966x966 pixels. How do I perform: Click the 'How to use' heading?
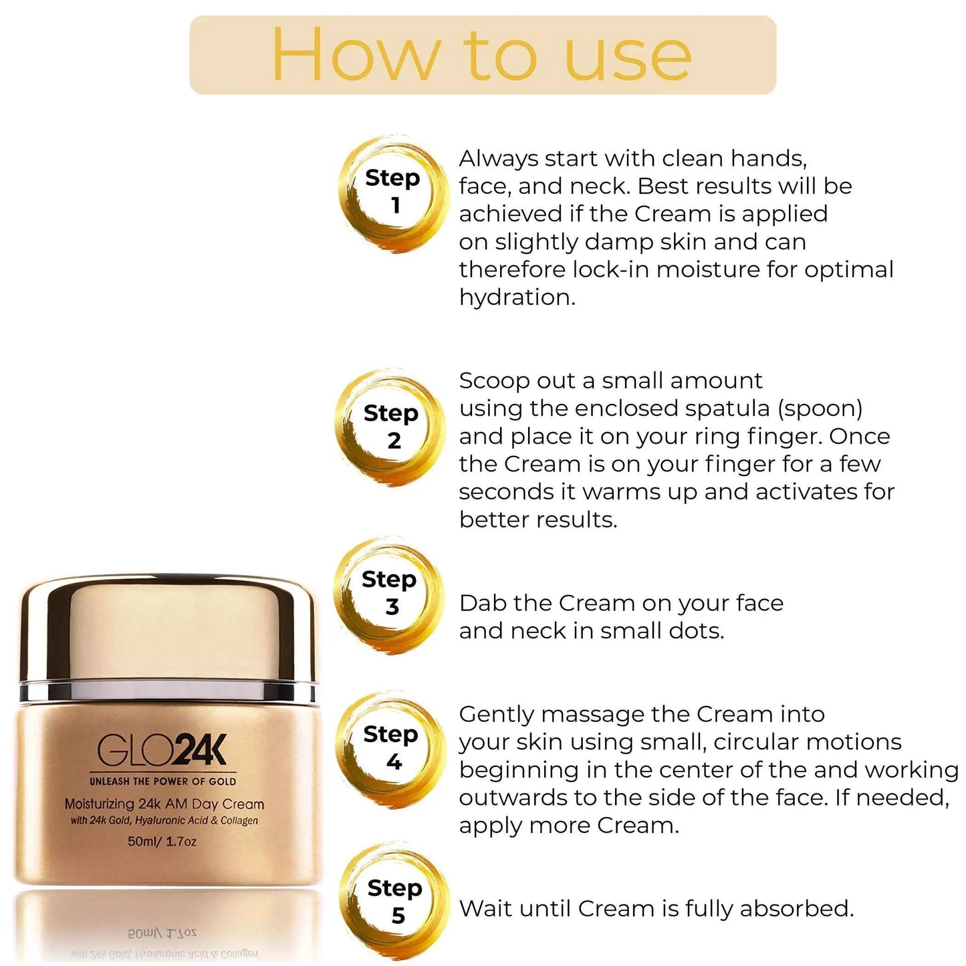click(481, 55)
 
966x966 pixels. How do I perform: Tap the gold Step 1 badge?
click(392, 193)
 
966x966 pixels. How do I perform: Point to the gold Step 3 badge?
click(390, 593)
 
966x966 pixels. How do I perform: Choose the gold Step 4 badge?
click(392, 748)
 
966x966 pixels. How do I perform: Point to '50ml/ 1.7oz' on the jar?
click(162, 842)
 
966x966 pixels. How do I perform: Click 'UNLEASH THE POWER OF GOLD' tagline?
click(162, 781)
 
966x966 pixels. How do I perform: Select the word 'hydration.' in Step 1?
click(517, 297)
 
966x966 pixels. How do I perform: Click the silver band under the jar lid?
click(167, 691)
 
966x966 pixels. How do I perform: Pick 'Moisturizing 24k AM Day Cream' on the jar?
click(164, 804)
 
